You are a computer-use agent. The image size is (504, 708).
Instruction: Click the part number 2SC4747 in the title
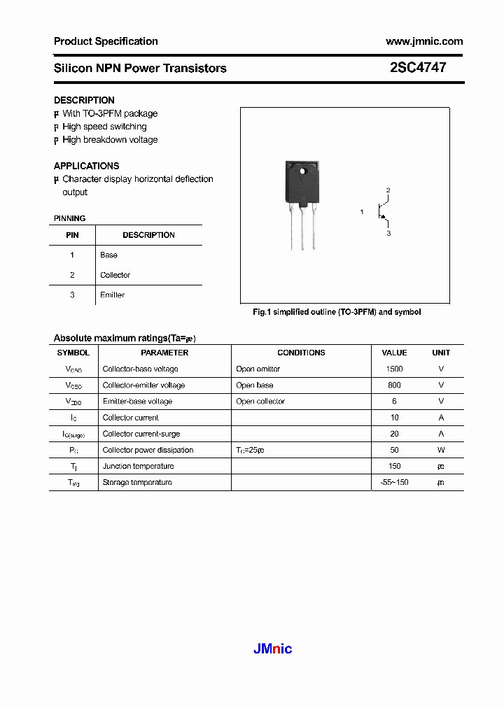pos(418,68)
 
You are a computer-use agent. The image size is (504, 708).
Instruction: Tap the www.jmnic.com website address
pos(424,41)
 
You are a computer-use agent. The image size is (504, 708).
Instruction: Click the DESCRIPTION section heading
pos(84,100)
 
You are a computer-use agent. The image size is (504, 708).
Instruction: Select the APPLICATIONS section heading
pos(86,166)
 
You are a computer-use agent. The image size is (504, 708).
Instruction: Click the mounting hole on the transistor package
pos(303,171)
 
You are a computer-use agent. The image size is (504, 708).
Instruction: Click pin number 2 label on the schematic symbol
pos(388,190)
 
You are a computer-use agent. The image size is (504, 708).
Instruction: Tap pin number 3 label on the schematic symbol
pos(388,234)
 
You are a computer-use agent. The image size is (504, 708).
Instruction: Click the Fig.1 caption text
pos(337,312)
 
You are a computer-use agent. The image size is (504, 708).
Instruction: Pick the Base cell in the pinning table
pos(108,255)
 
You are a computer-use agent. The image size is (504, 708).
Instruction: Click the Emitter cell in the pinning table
pos(112,295)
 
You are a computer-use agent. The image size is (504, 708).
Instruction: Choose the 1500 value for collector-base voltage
pos(394,369)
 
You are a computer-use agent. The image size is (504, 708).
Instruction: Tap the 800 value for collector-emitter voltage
pos(394,385)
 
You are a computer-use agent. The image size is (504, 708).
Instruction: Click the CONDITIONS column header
pos(301,353)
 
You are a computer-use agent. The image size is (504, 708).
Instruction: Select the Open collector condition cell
pos(260,402)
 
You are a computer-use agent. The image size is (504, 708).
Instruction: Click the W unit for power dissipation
pos(441,450)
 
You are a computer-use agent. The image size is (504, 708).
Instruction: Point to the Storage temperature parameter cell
pos(137,482)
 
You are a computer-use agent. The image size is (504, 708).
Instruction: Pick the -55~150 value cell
pos(394,482)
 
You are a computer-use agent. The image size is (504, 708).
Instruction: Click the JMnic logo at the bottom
pos(272,649)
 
